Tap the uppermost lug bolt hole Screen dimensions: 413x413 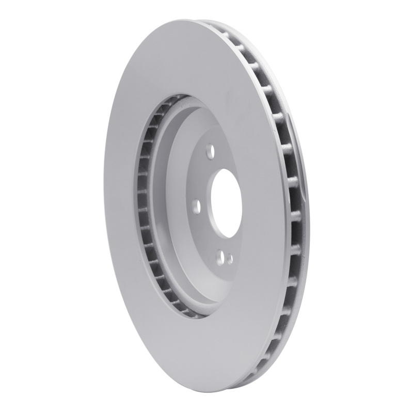[209, 152]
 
